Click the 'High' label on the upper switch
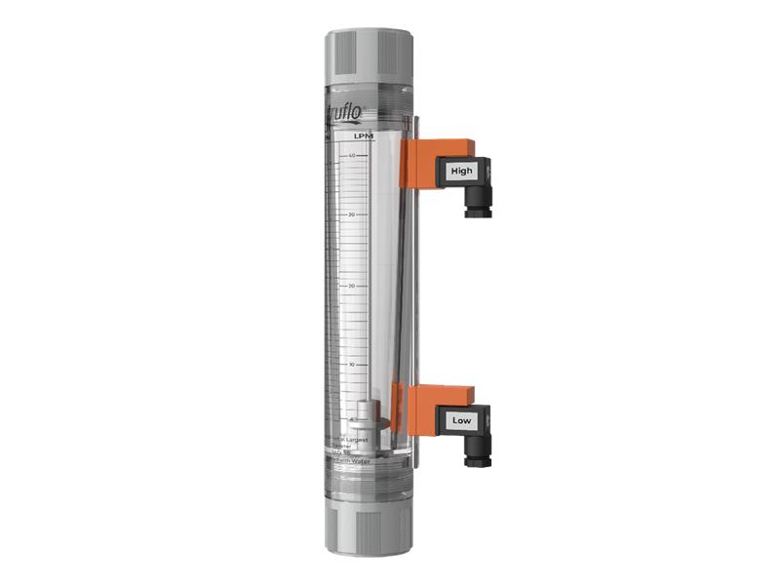462,171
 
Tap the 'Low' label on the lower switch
462,420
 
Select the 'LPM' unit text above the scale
365,137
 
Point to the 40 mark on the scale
351,155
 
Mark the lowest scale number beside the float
351,419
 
